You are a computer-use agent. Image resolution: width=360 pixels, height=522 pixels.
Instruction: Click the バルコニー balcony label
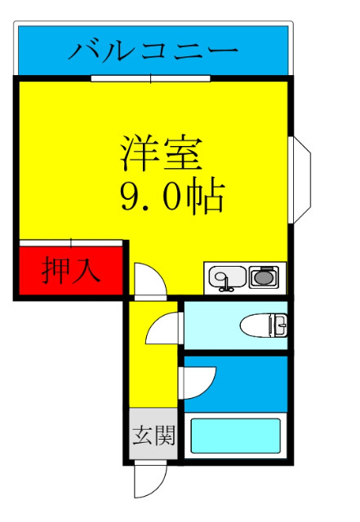point(153,51)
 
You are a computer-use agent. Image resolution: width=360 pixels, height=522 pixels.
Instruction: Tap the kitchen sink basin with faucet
point(224,279)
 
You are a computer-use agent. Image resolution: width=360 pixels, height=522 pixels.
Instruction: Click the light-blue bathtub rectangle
point(235,436)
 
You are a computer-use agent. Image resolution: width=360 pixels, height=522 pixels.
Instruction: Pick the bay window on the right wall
point(300,179)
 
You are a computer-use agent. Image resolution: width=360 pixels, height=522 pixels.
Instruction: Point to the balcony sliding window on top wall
point(151,78)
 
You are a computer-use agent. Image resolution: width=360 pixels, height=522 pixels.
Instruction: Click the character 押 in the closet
point(56,271)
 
